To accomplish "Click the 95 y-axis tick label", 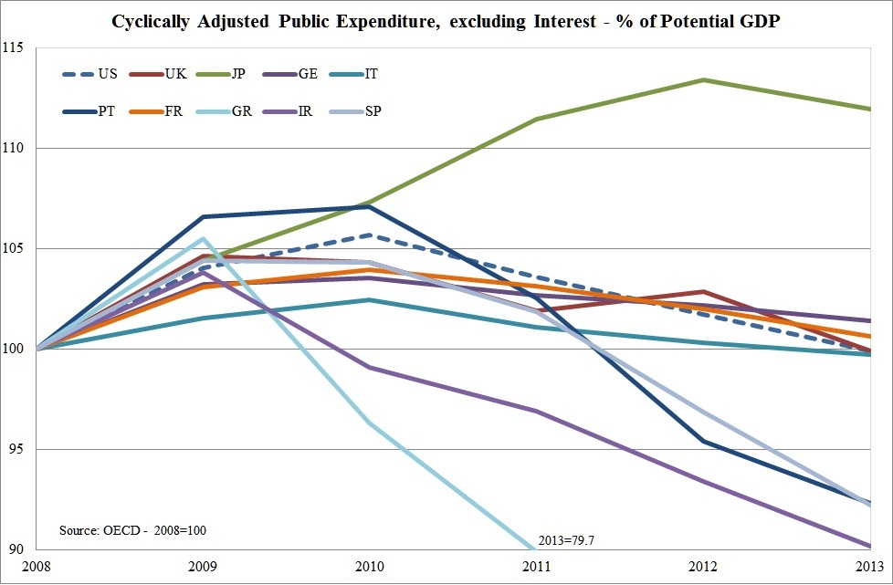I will click(16, 450).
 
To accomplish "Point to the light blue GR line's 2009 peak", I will click(204, 238).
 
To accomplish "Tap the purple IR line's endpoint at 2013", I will click(869, 546).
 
